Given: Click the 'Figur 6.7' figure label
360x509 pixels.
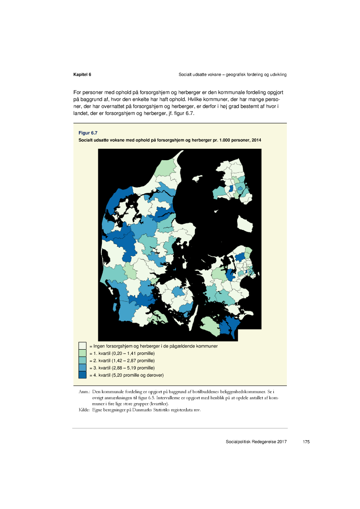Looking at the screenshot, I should (x=88, y=132).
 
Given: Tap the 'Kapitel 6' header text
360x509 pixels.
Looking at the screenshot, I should (x=82, y=75).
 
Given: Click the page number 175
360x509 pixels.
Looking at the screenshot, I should (x=306, y=442).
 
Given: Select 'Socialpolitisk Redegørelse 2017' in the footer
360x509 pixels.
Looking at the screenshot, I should (x=256, y=442).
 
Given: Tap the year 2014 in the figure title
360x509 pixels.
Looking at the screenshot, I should (x=256, y=140).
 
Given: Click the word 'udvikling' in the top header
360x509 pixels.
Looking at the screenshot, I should (x=276, y=75).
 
